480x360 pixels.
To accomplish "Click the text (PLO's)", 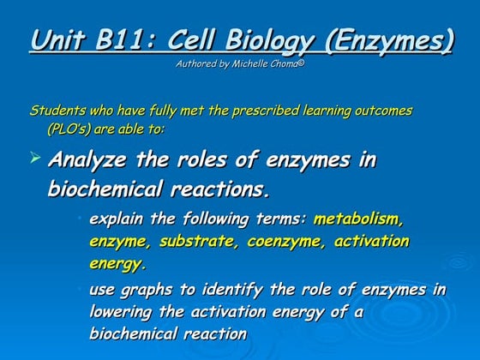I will (75, 129).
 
